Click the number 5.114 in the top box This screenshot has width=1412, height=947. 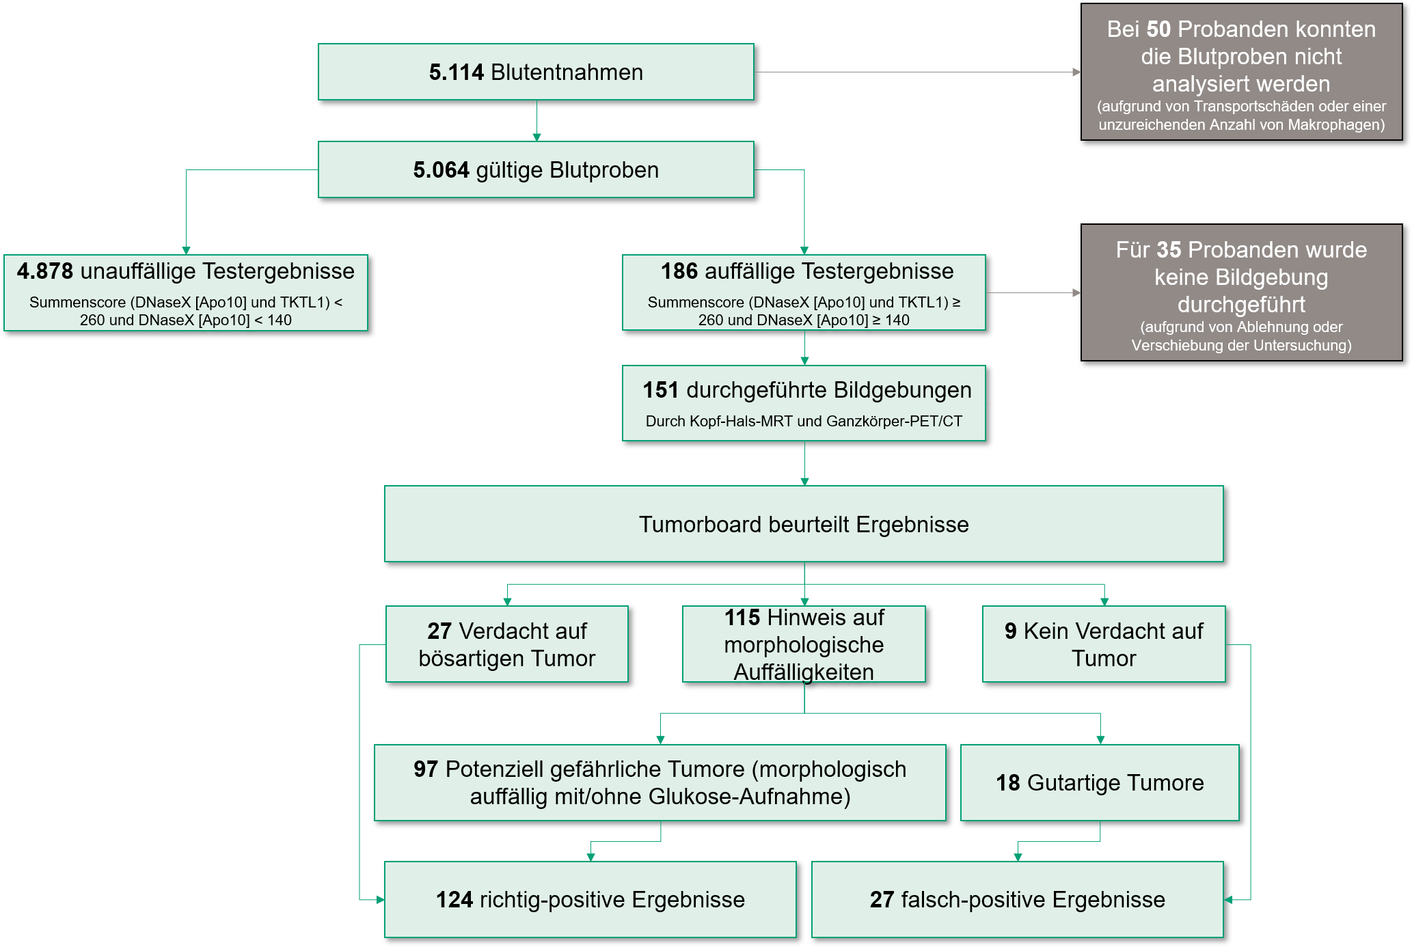[456, 72]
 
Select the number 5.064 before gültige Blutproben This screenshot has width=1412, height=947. [441, 170]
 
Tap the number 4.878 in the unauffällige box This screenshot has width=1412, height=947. [45, 271]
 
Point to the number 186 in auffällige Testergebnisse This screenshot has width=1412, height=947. [679, 271]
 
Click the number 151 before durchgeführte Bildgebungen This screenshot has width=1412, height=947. [660, 390]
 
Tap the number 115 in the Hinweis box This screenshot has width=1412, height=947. [742, 618]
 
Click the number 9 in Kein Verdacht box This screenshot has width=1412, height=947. [1010, 631]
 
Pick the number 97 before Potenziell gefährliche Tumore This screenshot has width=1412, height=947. [425, 769]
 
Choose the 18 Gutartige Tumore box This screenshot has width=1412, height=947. [1099, 783]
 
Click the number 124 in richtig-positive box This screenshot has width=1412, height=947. [454, 900]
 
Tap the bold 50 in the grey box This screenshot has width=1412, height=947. [1158, 29]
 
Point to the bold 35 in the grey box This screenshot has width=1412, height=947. [1169, 250]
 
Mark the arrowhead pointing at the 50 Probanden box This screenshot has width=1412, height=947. [1077, 72]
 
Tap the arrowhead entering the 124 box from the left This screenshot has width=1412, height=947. [380, 900]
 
